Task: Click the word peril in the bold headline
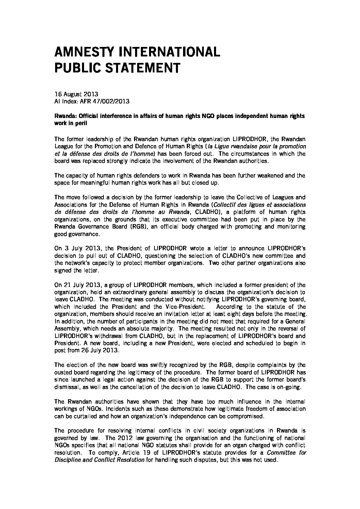point(81,123)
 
